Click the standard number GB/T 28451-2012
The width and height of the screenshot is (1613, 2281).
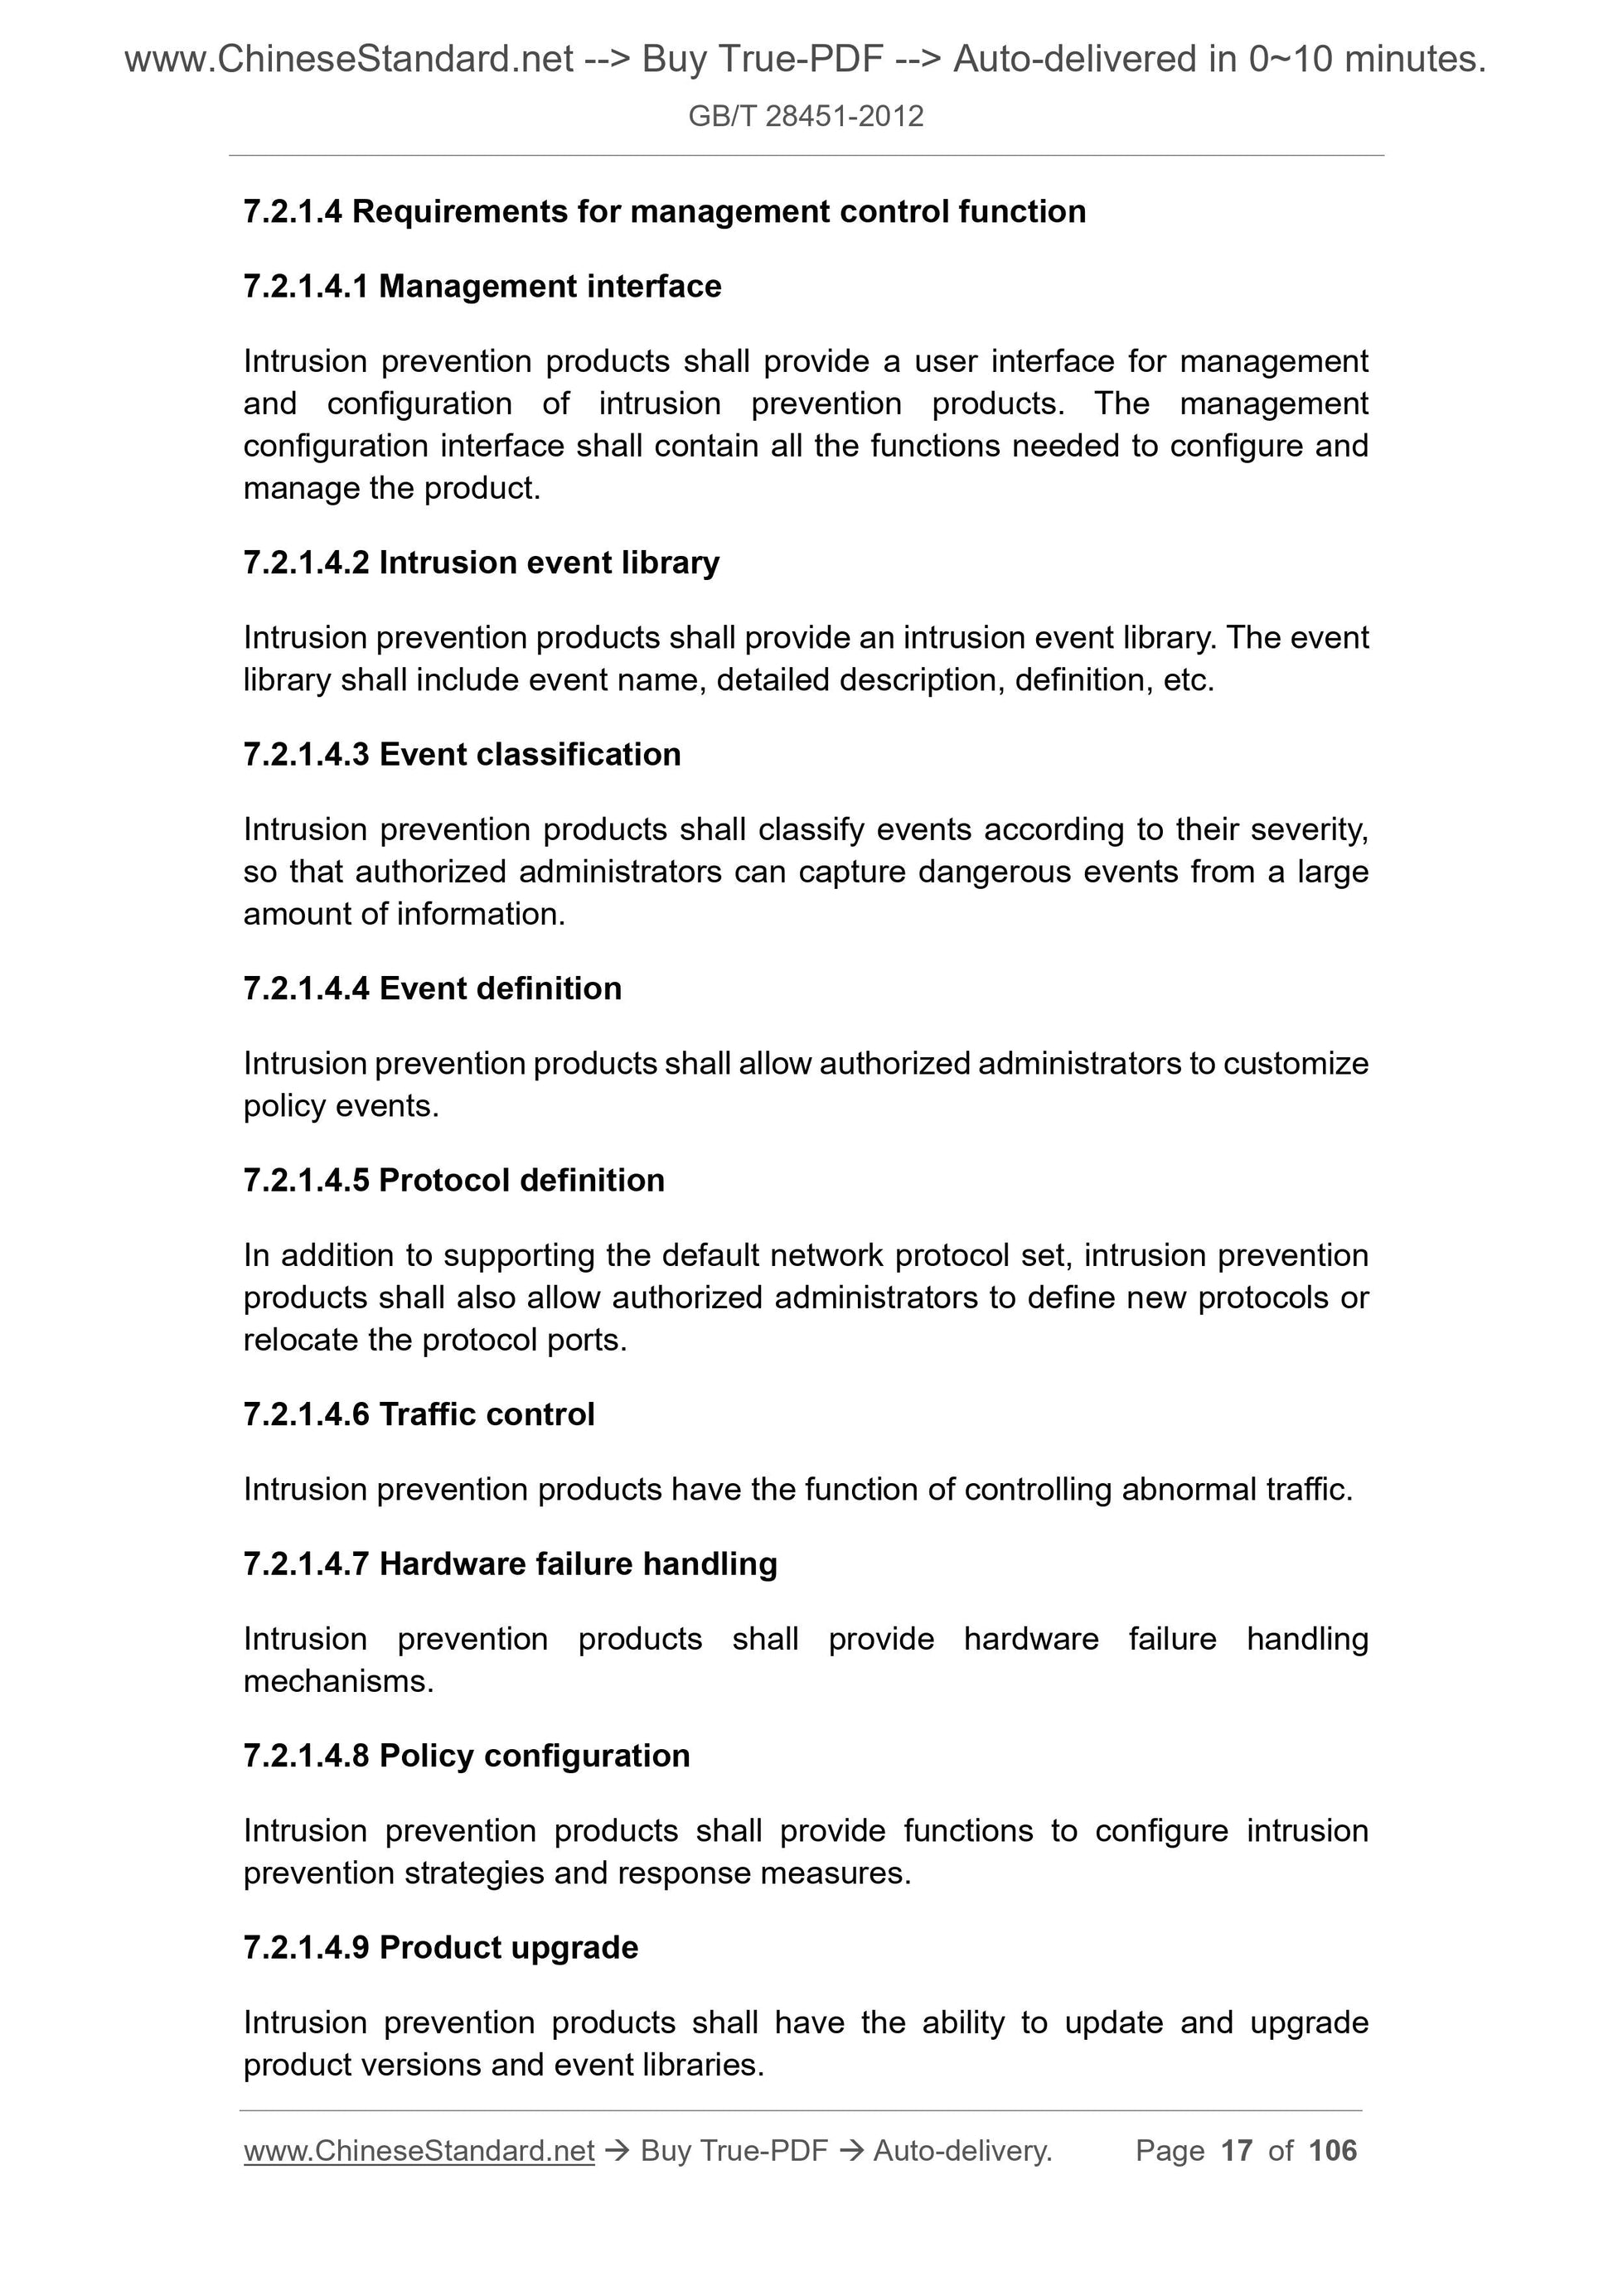pyautogui.click(x=805, y=116)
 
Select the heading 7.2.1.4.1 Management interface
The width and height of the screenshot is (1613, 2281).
pyautogui.click(x=482, y=286)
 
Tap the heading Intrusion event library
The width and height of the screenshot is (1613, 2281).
pyautogui.click(x=549, y=563)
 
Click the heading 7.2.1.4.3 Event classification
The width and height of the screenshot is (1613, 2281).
pyautogui.click(x=463, y=754)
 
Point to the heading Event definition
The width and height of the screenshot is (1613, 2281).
pyautogui.click(x=500, y=988)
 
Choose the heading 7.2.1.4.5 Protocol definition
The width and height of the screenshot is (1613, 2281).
pyautogui.click(x=454, y=1180)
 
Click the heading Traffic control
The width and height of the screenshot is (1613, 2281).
pyautogui.click(x=487, y=1414)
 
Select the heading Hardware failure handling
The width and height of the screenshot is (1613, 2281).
pyautogui.click(x=579, y=1563)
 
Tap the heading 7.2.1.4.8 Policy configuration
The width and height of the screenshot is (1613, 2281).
pyautogui.click(x=466, y=1756)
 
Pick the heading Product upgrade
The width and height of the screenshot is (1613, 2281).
pyautogui.click(x=509, y=1947)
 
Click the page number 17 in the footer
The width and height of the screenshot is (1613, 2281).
pyautogui.click(x=1237, y=2151)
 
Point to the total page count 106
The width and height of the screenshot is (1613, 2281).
pyautogui.click(x=1333, y=2151)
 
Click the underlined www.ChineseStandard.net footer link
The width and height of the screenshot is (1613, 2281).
pyautogui.click(x=419, y=2151)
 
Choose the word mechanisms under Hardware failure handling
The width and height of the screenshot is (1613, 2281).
pyautogui.click(x=338, y=1681)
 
